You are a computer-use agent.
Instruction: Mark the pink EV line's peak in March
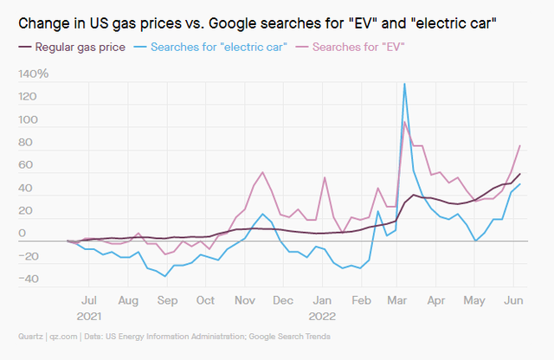pos(404,122)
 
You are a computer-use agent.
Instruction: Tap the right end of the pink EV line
pos(519,145)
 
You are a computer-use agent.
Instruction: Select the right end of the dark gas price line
pos(519,174)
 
